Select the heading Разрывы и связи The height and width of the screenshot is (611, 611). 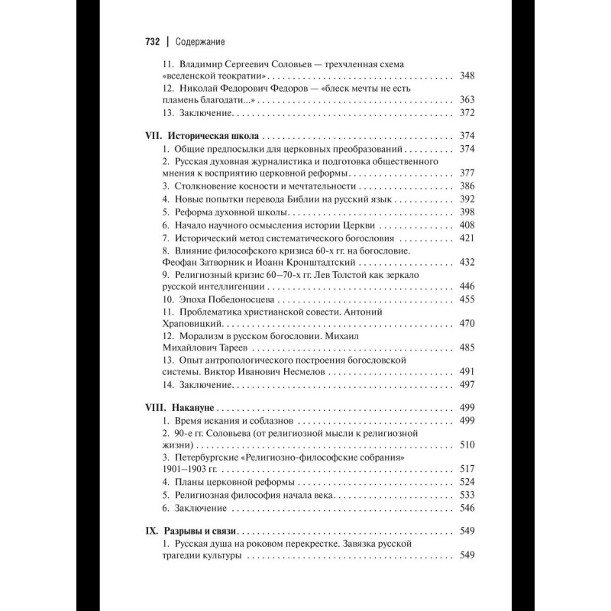202,530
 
